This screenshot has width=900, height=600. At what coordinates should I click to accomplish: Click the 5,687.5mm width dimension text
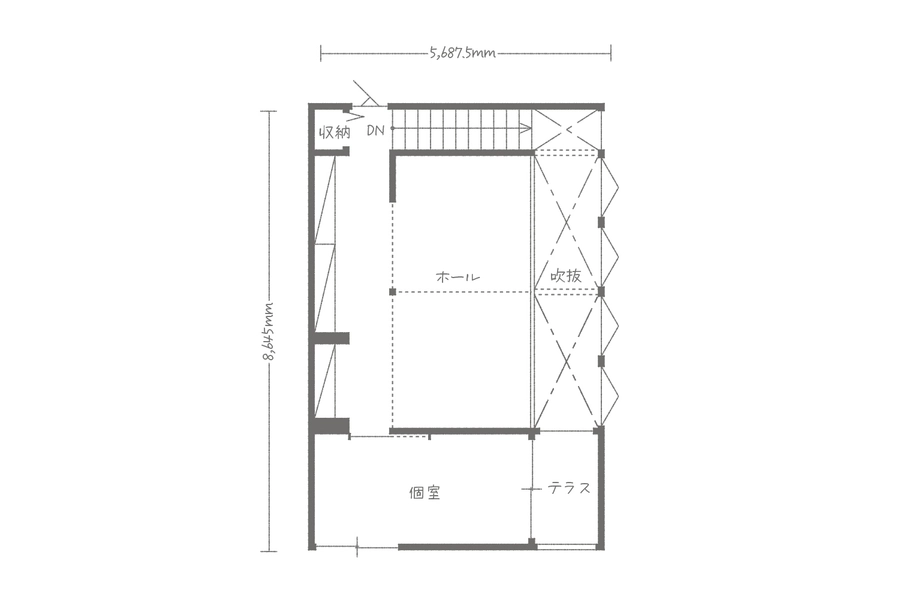(x=462, y=53)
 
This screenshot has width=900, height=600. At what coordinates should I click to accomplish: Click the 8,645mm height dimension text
(x=269, y=331)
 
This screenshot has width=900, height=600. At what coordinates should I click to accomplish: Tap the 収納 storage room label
(x=335, y=133)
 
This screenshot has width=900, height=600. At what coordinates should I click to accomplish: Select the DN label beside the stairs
(x=375, y=131)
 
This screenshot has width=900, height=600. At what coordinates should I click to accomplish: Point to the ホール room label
(x=458, y=277)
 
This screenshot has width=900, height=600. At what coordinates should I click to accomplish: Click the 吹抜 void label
(x=566, y=276)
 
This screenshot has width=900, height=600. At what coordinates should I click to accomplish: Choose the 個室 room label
(x=425, y=493)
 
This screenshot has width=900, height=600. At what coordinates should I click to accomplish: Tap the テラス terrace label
(x=569, y=489)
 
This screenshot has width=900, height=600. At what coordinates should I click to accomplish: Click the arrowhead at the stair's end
(x=525, y=129)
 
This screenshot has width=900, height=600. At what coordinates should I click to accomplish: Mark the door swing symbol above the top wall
(x=366, y=94)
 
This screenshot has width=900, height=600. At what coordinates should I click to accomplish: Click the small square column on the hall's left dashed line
(x=393, y=292)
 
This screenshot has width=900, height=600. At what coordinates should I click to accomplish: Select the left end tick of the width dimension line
(x=321, y=53)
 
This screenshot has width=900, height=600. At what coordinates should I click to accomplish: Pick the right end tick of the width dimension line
(x=611, y=53)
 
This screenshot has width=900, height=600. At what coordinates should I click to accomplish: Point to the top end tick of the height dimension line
(x=269, y=111)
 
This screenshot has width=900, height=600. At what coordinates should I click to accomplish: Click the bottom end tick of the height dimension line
(x=269, y=551)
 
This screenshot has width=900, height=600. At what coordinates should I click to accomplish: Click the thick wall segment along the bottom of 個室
(x=466, y=547)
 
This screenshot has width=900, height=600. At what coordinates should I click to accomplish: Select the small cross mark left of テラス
(x=532, y=489)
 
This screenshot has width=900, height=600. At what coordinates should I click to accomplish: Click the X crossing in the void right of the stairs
(x=568, y=130)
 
